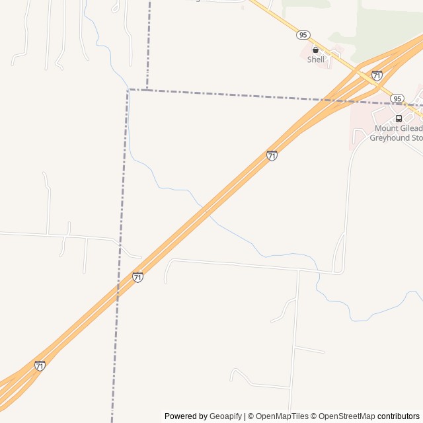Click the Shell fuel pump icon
(x=315, y=50)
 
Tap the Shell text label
(x=316, y=59)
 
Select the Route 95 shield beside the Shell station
(x=303, y=34)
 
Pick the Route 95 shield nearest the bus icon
(x=397, y=98)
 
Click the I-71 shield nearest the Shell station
(x=377, y=75)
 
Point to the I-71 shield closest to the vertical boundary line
(x=137, y=277)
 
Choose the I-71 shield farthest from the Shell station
(x=40, y=365)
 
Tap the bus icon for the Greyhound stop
(x=399, y=118)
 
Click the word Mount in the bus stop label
(x=386, y=128)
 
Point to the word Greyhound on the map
(x=389, y=138)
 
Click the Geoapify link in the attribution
(x=225, y=416)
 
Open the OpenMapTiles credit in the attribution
(x=282, y=416)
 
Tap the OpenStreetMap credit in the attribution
(x=346, y=416)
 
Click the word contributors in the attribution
(x=399, y=416)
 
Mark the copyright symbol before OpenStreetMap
(x=315, y=416)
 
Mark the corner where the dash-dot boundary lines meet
(x=128, y=89)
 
